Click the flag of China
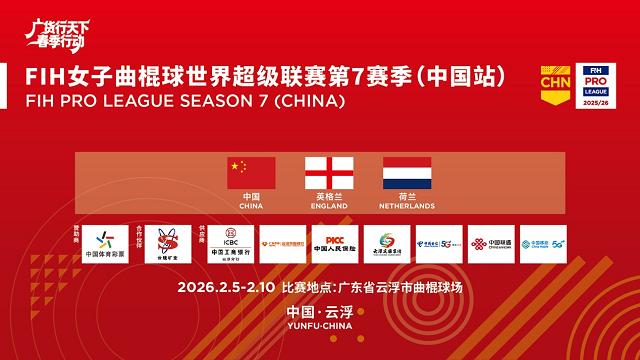tap(251, 173)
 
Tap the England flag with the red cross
tap(329, 173)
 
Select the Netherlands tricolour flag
tap(407, 173)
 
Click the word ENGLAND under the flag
tap(329, 207)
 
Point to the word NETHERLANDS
tap(407, 207)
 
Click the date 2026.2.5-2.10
tap(228, 289)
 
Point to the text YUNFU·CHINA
tap(320, 337)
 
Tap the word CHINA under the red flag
tap(251, 207)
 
